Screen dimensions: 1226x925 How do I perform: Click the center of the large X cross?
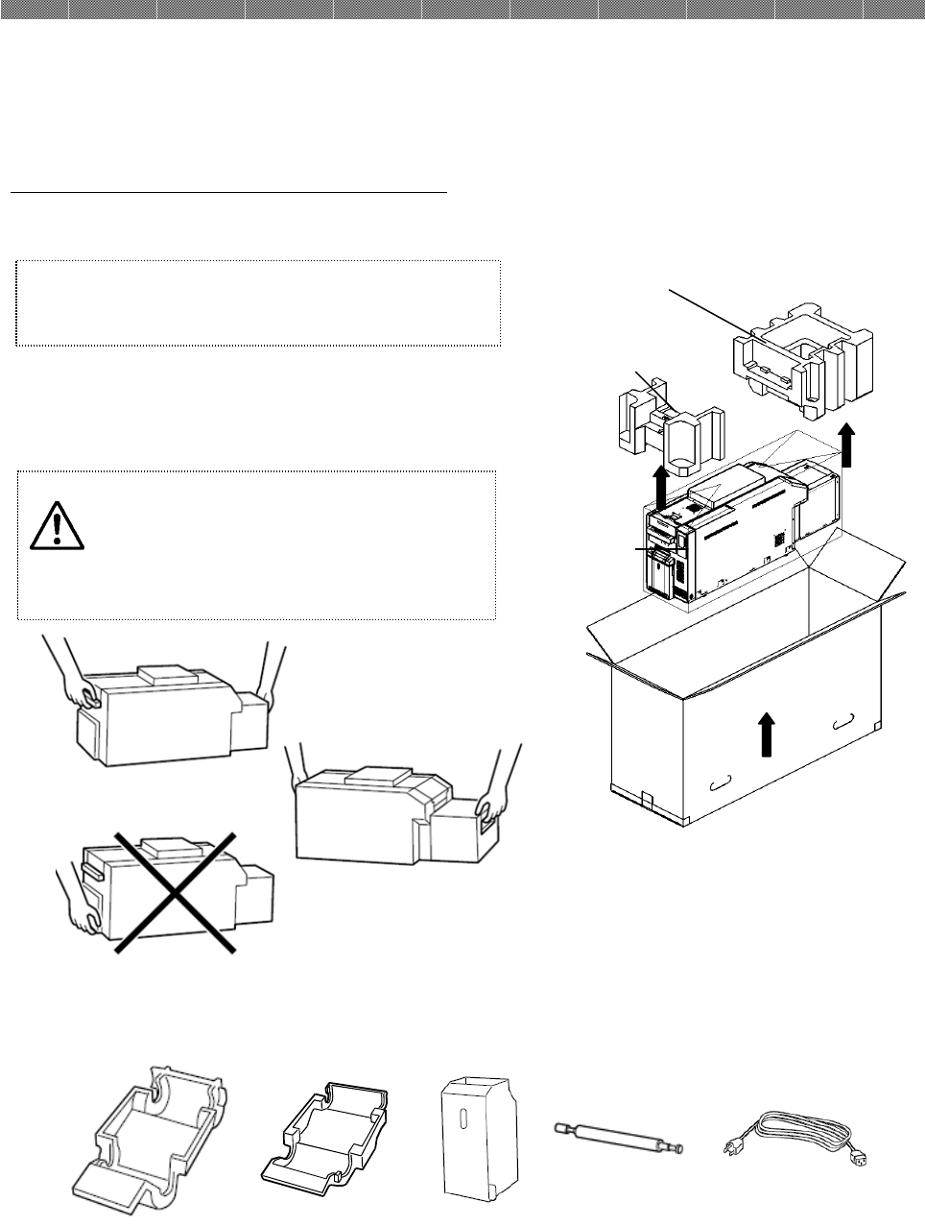[x=176, y=892]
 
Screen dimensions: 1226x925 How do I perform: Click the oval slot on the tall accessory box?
[x=462, y=1121]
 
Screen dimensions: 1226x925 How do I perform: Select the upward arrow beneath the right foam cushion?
[x=845, y=445]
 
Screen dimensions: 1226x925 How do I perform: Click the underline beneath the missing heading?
[x=229, y=192]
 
